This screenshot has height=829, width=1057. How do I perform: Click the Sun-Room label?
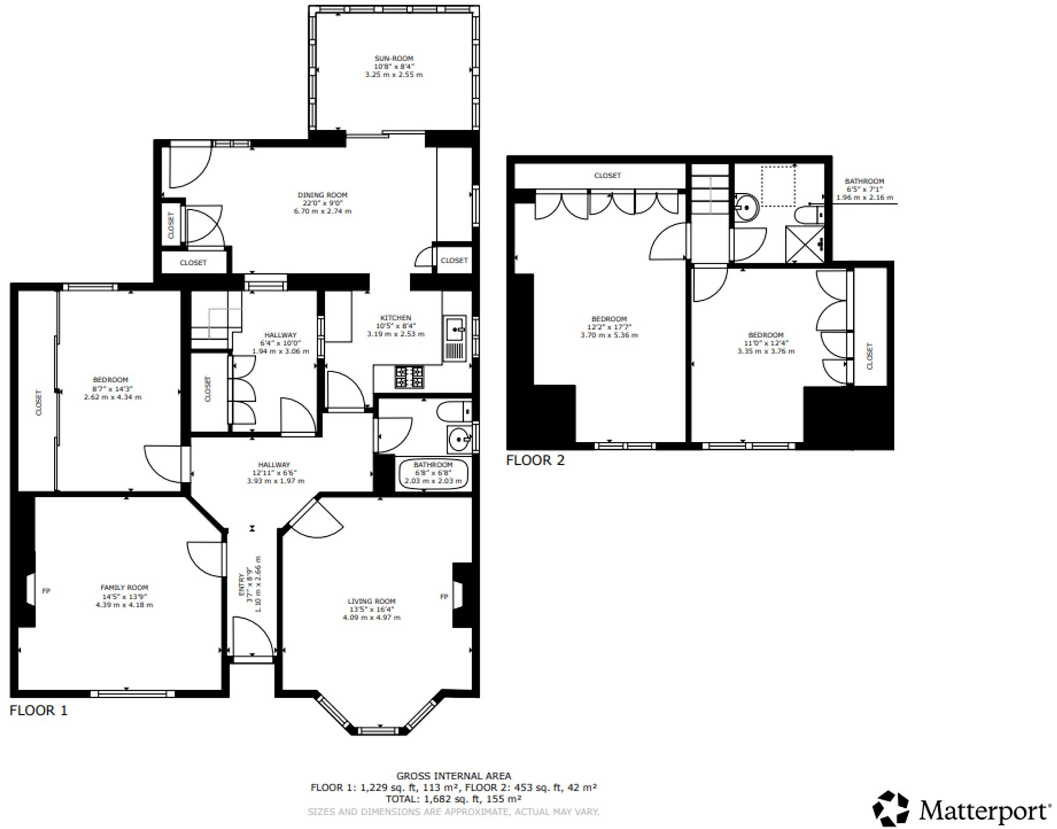click(x=393, y=59)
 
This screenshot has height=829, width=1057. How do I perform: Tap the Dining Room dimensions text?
click(x=322, y=207)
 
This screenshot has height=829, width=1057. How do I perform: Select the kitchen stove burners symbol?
click(x=410, y=378)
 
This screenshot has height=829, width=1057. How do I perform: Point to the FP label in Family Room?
click(x=46, y=590)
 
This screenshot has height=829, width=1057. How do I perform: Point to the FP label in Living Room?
click(x=444, y=597)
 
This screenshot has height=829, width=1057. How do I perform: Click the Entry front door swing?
click(x=253, y=636)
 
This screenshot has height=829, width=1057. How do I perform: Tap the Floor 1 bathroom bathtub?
click(x=433, y=474)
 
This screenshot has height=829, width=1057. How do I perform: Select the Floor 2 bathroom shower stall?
click(x=805, y=244)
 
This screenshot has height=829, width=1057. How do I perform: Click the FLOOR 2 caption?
click(x=535, y=461)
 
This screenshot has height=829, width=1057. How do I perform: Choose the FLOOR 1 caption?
click(x=38, y=711)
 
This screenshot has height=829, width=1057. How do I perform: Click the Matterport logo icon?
click(x=891, y=808)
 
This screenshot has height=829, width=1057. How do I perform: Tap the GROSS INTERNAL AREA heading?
click(x=453, y=776)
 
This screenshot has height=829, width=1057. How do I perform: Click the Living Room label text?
click(x=372, y=601)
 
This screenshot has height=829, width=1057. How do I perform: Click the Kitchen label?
click(x=395, y=318)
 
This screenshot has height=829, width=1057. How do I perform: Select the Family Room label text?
click(x=124, y=587)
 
